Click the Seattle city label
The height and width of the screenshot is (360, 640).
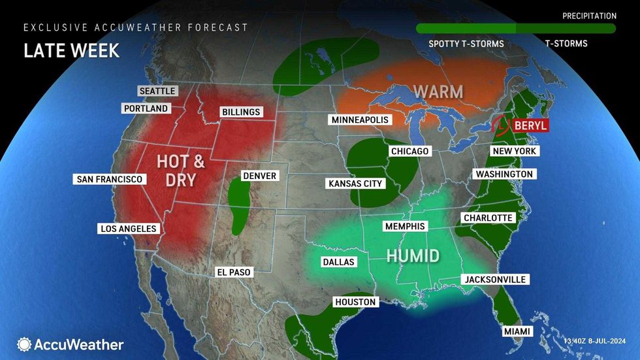(x=157, y=91)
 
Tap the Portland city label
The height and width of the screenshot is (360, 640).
(x=145, y=108)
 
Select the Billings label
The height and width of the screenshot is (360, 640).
(x=240, y=112)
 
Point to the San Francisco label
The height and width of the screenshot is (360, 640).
(x=109, y=179)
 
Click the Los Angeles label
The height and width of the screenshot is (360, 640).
(x=128, y=229)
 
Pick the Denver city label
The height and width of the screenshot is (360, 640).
(x=259, y=176)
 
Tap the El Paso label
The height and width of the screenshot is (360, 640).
(x=234, y=272)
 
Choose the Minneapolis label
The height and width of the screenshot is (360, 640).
(x=359, y=120)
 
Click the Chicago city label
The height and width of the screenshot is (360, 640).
(x=409, y=152)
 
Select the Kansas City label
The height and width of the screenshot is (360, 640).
(x=355, y=184)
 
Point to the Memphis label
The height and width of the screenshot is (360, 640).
(x=404, y=226)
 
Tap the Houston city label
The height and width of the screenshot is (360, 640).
(x=355, y=302)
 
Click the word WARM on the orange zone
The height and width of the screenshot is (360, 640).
(x=438, y=91)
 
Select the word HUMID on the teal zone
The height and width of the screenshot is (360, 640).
(x=413, y=255)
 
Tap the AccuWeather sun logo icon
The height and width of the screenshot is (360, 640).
(x=24, y=344)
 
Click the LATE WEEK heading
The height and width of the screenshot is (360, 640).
(x=72, y=51)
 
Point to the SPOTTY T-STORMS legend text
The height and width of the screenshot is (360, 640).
(x=457, y=44)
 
